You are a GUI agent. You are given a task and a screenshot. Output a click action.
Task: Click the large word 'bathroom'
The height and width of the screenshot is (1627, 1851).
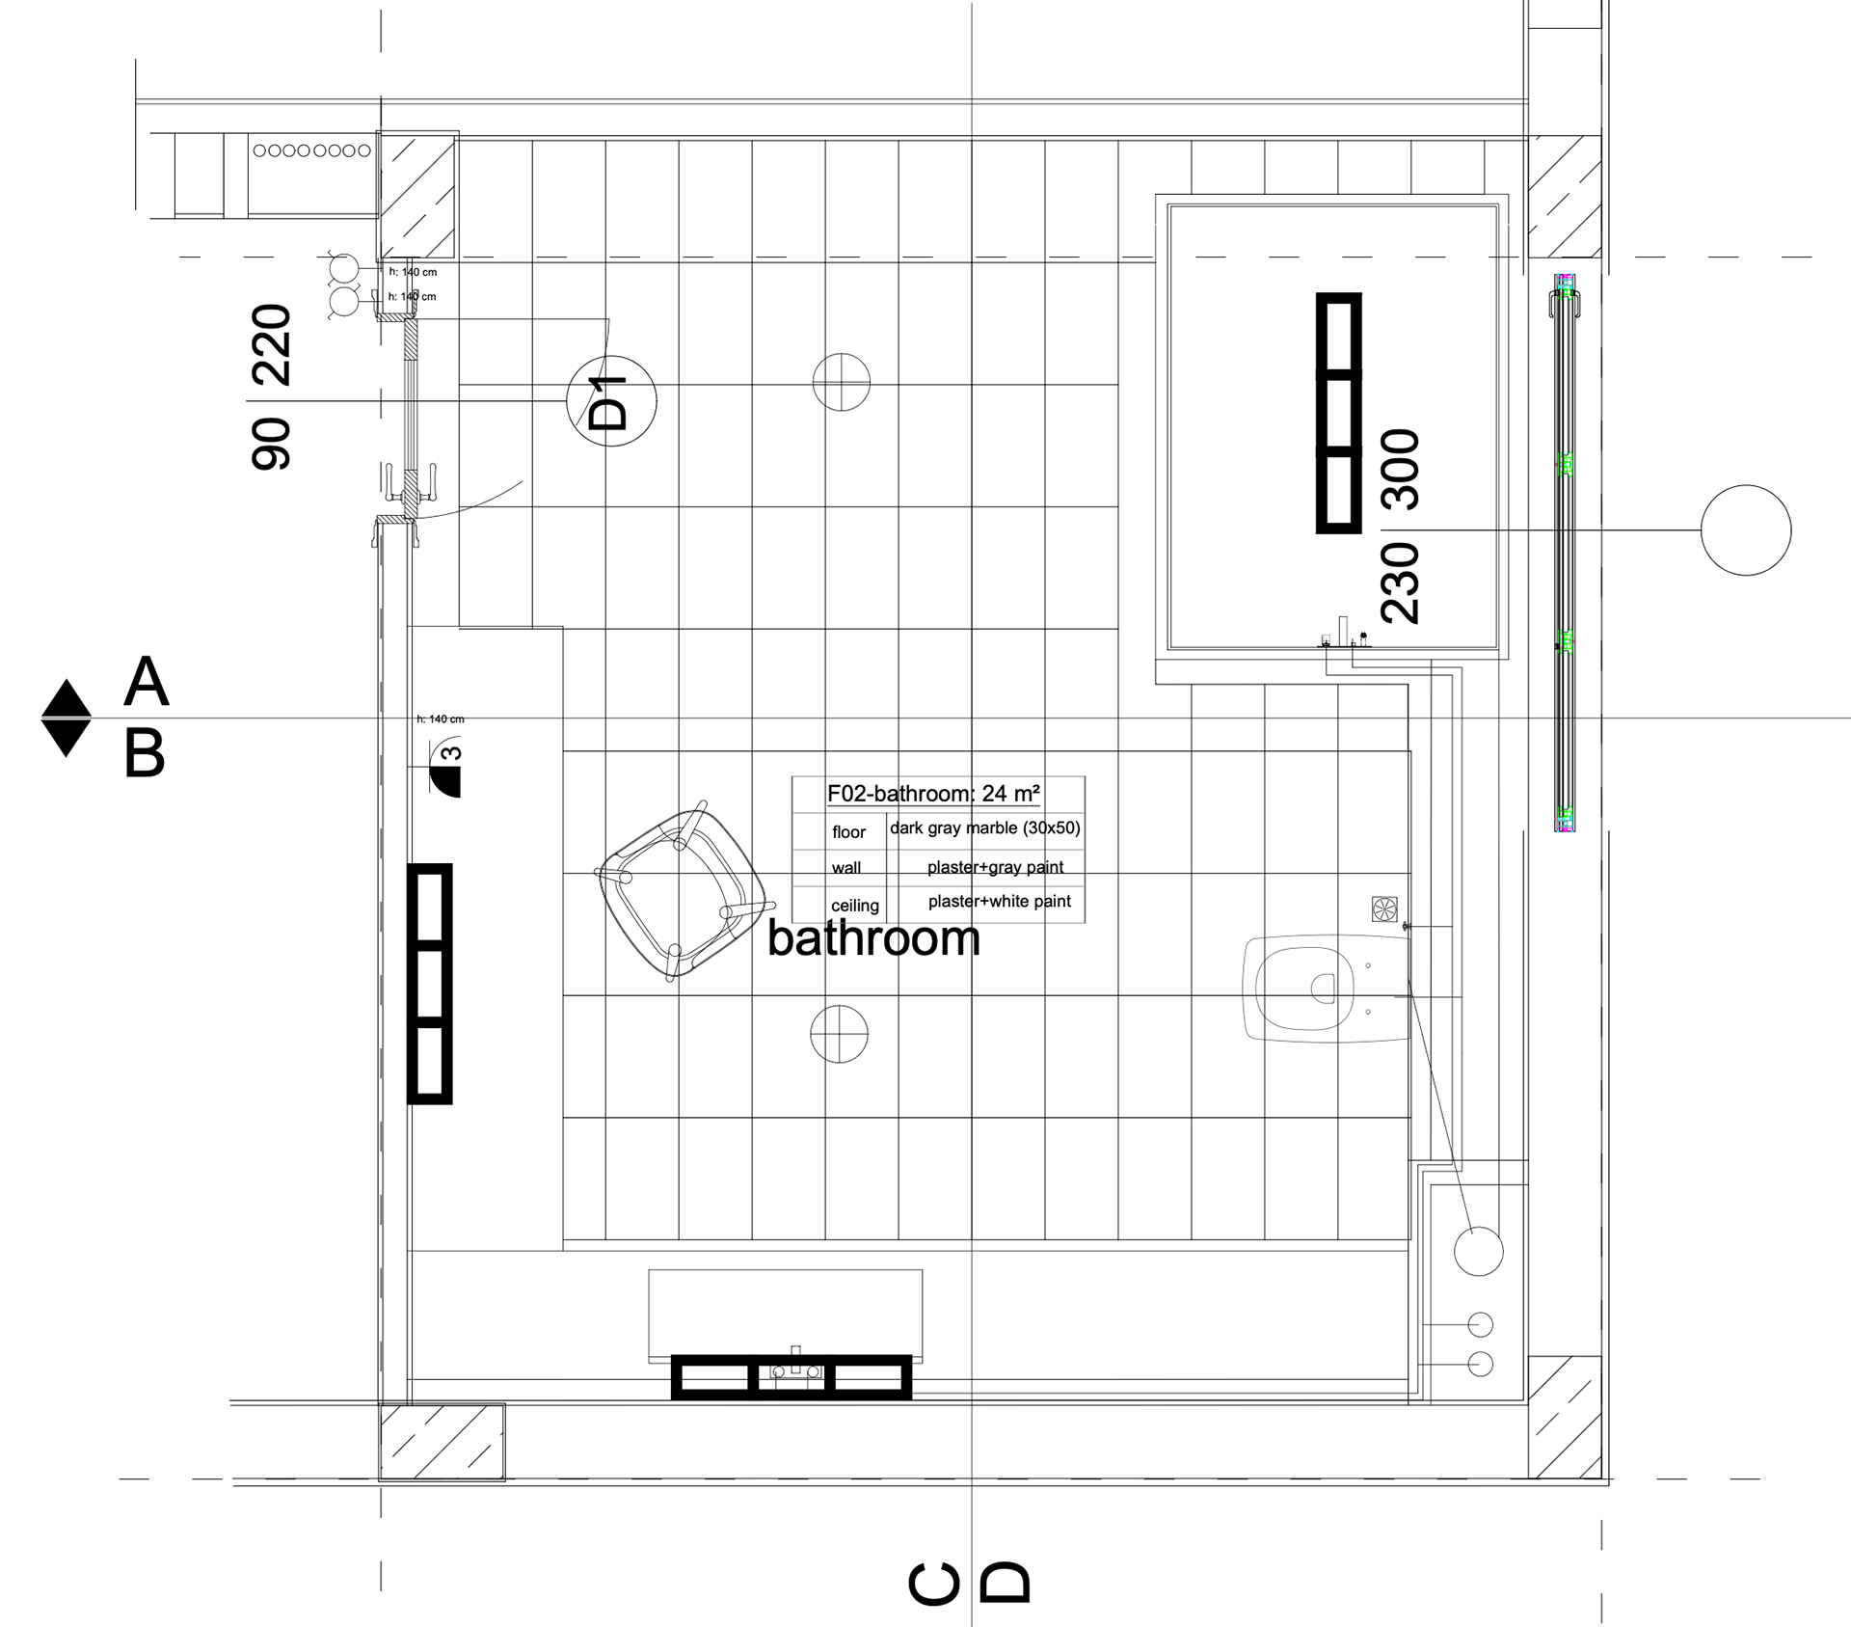coord(873,938)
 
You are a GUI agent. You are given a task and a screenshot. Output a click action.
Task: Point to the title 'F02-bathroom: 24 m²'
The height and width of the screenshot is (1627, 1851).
coord(933,794)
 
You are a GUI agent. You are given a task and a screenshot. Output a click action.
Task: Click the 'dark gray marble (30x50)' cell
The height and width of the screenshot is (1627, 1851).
coord(985,828)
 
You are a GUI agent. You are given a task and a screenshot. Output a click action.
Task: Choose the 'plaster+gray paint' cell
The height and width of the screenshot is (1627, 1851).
coord(996,867)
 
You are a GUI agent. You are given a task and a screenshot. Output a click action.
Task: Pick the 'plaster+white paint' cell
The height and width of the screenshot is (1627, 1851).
coord(1000,902)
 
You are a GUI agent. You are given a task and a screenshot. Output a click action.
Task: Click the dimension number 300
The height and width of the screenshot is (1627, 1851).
coord(1401,470)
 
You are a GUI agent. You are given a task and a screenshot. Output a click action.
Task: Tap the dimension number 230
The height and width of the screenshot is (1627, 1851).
coord(1401,583)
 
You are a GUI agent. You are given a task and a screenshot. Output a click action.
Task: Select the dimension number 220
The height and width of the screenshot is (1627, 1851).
coord(271,345)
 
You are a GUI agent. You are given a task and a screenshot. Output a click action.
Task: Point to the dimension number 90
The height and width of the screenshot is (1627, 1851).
coord(271,444)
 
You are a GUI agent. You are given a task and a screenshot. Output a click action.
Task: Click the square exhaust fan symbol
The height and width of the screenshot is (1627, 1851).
coord(1384,908)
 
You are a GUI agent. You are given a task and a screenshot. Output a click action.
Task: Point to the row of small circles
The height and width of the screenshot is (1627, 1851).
coord(311,150)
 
